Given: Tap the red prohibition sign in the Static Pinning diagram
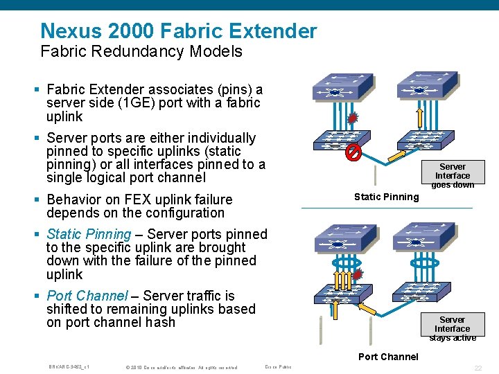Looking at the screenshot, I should coord(353,152).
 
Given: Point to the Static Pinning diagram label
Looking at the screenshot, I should coord(386,197).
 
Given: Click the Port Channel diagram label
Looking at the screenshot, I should coord(388,357).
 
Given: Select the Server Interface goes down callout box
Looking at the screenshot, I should coord(453,175).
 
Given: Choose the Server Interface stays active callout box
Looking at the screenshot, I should coord(453,328).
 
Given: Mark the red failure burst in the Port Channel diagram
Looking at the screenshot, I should coord(358,276).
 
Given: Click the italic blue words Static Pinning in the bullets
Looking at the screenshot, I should coord(88,234).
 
